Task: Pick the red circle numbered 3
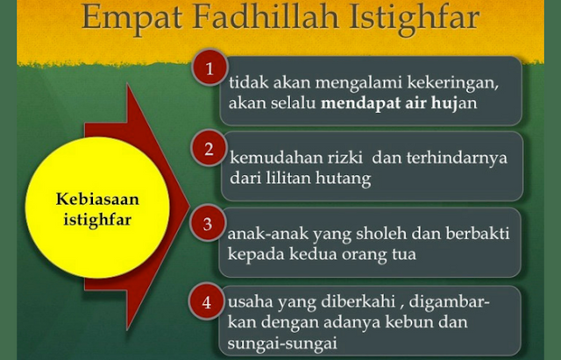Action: [208, 224]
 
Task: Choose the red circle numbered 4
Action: [207, 302]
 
